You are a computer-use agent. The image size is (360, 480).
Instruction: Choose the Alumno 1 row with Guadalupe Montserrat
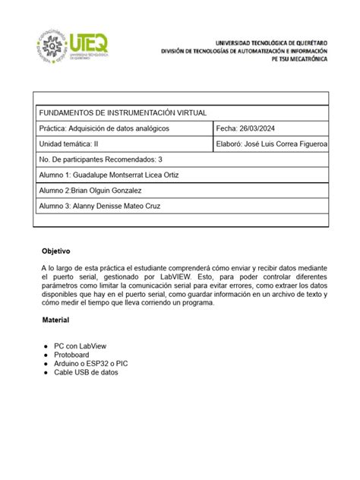109,175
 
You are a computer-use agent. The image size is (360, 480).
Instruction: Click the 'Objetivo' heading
55,251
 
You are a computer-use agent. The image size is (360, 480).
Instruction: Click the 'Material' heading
55,321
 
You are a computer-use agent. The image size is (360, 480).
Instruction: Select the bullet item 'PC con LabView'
80,346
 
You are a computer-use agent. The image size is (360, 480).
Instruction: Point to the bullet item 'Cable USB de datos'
86,373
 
